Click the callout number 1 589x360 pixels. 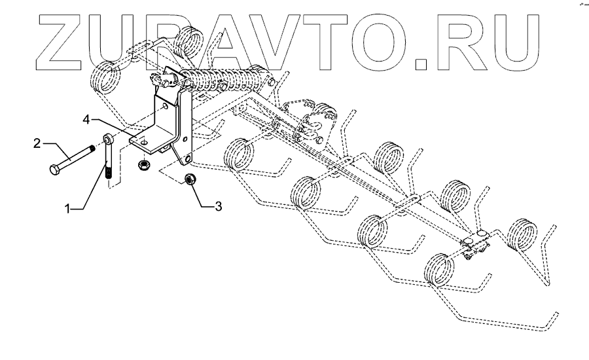[x=67, y=208]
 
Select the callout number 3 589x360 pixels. [x=219, y=206]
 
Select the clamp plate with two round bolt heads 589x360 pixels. [x=477, y=242]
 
